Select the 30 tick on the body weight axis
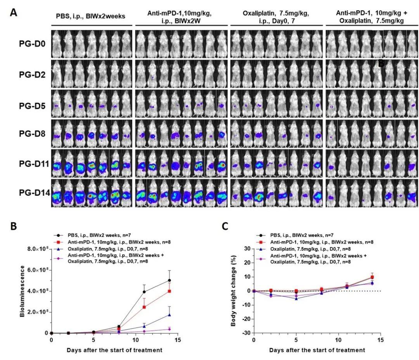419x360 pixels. pos(246,248)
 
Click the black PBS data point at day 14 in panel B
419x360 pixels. pos(169,280)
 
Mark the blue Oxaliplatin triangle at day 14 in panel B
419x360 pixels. pos(169,315)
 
